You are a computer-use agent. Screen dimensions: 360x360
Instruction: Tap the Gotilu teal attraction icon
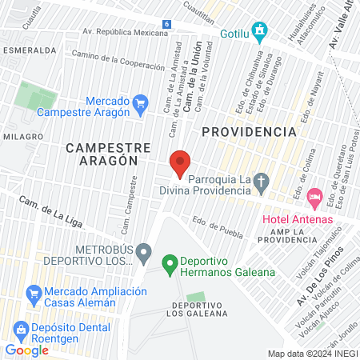tap(258, 32)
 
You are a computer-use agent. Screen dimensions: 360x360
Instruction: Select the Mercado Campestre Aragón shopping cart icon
tap(141, 102)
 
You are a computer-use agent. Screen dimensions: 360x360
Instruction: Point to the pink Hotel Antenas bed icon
tap(315, 196)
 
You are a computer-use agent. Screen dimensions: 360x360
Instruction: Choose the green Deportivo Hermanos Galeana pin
tap(169, 262)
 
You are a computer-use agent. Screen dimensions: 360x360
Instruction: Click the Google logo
tap(27, 350)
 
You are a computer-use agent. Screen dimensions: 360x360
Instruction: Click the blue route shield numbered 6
tap(165, 25)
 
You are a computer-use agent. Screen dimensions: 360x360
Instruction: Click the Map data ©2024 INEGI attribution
tap(313, 353)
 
